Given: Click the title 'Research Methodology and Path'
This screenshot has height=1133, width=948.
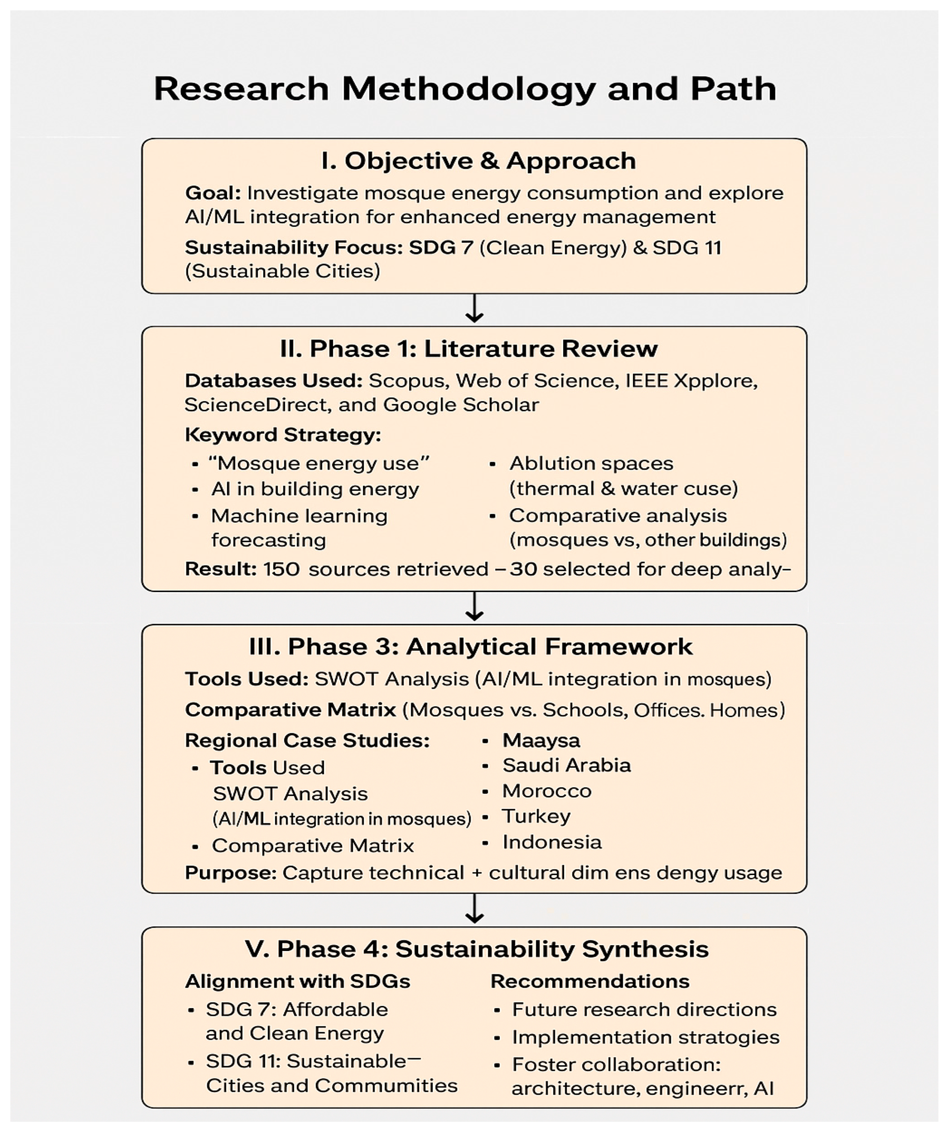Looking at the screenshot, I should [x=465, y=89].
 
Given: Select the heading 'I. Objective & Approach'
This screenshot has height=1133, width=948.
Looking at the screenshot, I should [x=478, y=161].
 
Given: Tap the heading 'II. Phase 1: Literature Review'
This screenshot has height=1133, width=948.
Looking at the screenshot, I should [x=468, y=348].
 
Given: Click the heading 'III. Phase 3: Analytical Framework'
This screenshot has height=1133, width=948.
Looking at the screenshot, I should [x=470, y=646].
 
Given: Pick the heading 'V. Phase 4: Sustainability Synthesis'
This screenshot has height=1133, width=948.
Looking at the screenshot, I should [x=477, y=949].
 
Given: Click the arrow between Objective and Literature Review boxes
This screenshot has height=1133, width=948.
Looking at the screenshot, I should [x=474, y=309].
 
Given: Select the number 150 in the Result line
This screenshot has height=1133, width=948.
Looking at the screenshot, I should [x=281, y=569].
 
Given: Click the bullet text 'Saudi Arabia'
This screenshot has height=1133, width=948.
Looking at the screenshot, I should [x=567, y=765].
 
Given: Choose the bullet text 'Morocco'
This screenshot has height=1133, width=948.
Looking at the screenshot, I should [x=547, y=791].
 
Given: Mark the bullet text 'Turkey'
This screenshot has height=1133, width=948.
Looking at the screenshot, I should [x=536, y=816].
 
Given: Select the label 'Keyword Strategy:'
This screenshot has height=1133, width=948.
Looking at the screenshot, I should [x=283, y=435].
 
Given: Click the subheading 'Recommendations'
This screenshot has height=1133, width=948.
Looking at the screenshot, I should [x=590, y=981].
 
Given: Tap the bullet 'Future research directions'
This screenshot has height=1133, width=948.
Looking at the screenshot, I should [x=644, y=1009].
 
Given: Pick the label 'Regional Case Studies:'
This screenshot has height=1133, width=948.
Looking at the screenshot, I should [x=307, y=740].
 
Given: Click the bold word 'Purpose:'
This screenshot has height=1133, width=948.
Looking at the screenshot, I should [x=231, y=872].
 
